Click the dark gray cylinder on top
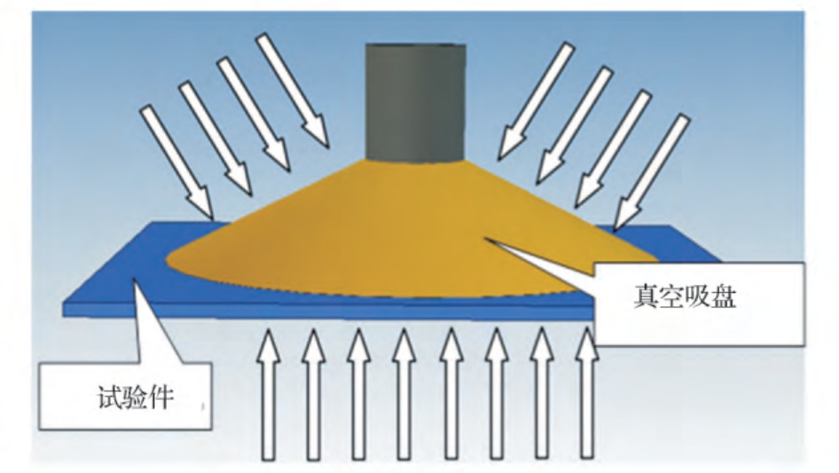click(416, 102)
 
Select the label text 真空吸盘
click(685, 296)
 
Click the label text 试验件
click(136, 398)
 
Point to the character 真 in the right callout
click(646, 296)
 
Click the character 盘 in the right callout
click(724, 296)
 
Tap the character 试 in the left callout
click(109, 398)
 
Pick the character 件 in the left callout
click(161, 398)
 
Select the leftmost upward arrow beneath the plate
click(268, 395)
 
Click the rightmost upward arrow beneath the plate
click(587, 395)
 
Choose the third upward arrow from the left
click(358, 395)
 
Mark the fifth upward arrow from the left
click(451, 395)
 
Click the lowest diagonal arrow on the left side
click(177, 162)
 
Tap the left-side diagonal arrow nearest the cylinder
click(292, 90)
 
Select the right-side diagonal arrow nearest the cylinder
click(537, 101)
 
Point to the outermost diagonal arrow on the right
click(651, 172)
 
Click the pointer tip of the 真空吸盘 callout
click(486, 240)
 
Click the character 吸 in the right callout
click(698, 296)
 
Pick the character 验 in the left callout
click(136, 398)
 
